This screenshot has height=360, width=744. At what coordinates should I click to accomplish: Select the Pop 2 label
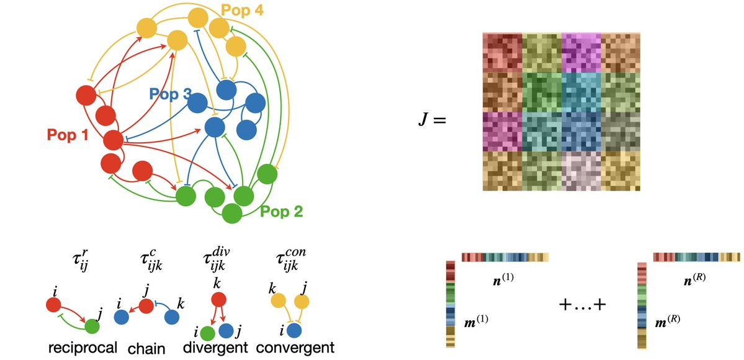[281, 212]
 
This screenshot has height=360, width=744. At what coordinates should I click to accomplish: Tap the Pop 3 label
[171, 94]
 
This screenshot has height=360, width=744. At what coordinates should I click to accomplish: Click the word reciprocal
[83, 348]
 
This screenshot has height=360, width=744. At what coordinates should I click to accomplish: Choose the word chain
[146, 349]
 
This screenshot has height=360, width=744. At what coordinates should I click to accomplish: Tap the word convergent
[295, 348]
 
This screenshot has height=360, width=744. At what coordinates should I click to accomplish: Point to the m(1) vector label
[475, 321]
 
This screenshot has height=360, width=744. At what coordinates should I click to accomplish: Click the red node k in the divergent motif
[218, 300]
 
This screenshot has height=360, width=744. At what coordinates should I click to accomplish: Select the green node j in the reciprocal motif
[92, 326]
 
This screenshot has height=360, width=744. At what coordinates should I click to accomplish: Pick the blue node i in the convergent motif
[294, 330]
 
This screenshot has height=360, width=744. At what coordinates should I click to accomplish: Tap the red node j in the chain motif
[146, 306]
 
